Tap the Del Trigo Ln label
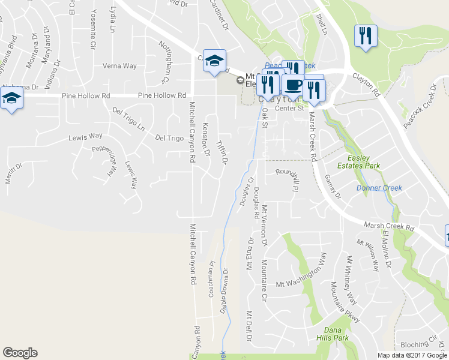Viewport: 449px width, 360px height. [130, 119]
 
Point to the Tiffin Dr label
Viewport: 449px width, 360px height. [222, 154]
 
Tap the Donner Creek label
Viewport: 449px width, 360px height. [379, 188]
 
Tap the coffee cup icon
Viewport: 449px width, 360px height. [294, 85]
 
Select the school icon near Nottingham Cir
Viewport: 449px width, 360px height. [214, 61]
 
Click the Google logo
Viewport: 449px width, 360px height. [20, 353]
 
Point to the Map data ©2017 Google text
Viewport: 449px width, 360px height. [412, 355]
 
